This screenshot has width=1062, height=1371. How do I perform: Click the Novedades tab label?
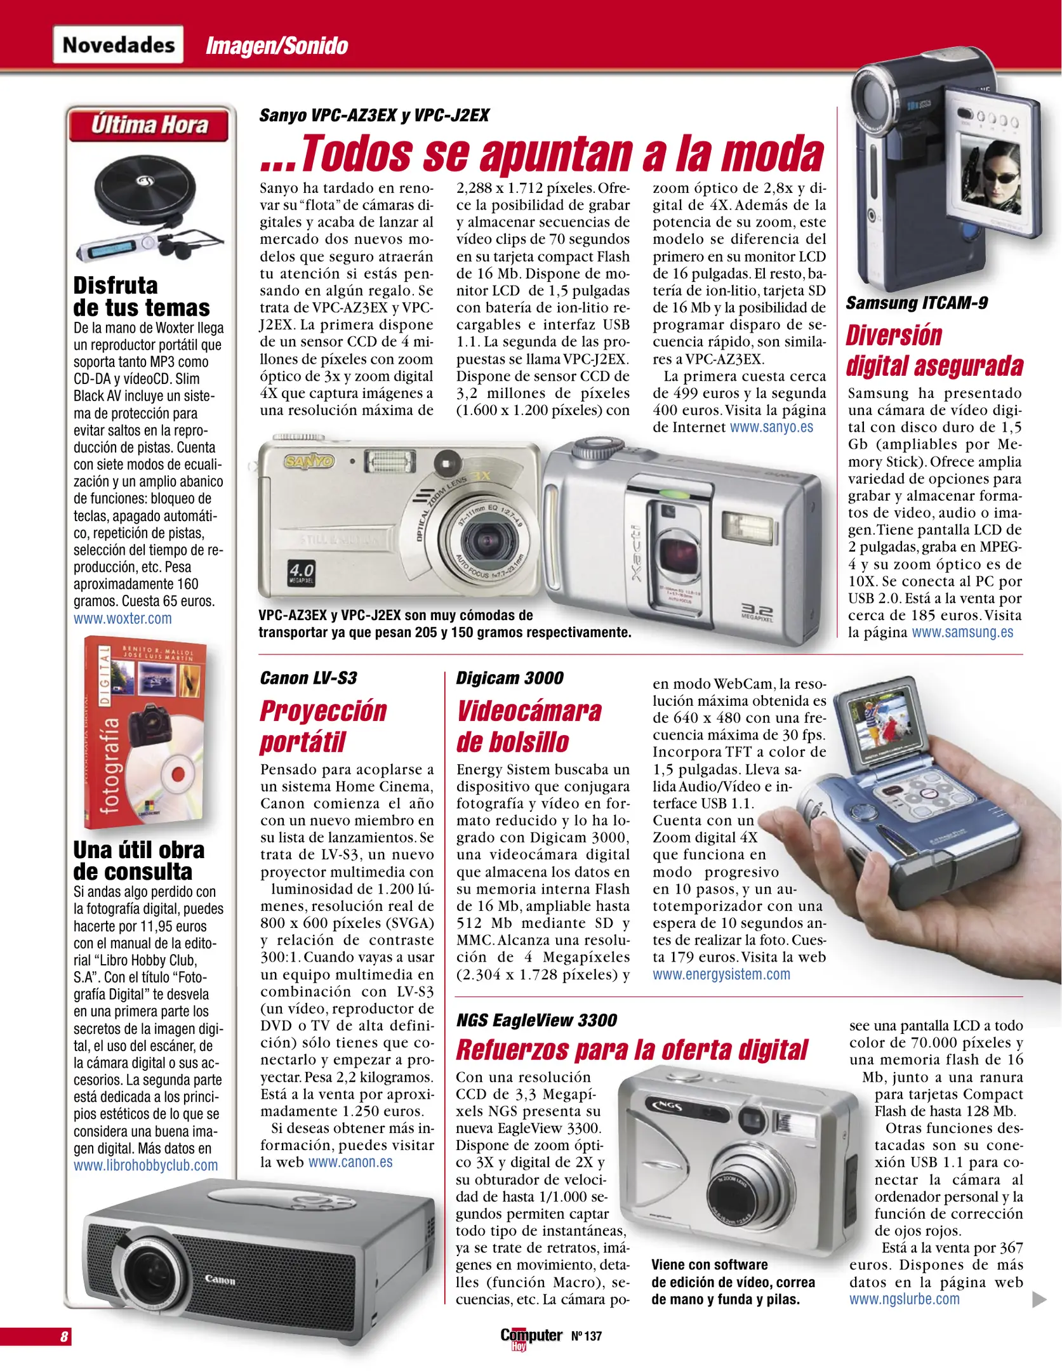click(x=118, y=45)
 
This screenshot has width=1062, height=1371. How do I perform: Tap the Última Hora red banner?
click(x=149, y=125)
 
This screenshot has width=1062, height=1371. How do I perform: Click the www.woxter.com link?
click(x=123, y=619)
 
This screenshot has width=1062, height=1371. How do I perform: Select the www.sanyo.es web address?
click(x=771, y=427)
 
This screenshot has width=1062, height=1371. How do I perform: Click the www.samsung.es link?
click(x=962, y=633)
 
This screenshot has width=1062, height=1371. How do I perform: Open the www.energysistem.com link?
click(x=721, y=974)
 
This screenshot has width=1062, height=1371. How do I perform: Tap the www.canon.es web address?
click(x=350, y=1162)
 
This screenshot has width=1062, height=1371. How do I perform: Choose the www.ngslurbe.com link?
click(x=905, y=1299)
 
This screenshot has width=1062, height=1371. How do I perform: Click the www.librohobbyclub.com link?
click(x=145, y=1165)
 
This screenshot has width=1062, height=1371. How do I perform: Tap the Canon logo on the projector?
click(x=220, y=1280)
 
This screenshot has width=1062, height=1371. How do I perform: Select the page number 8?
click(x=64, y=1337)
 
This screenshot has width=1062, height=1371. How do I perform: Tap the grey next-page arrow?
click(x=1039, y=1299)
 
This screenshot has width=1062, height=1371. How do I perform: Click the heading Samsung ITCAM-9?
click(x=917, y=303)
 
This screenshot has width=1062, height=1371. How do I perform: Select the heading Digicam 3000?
click(x=510, y=678)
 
